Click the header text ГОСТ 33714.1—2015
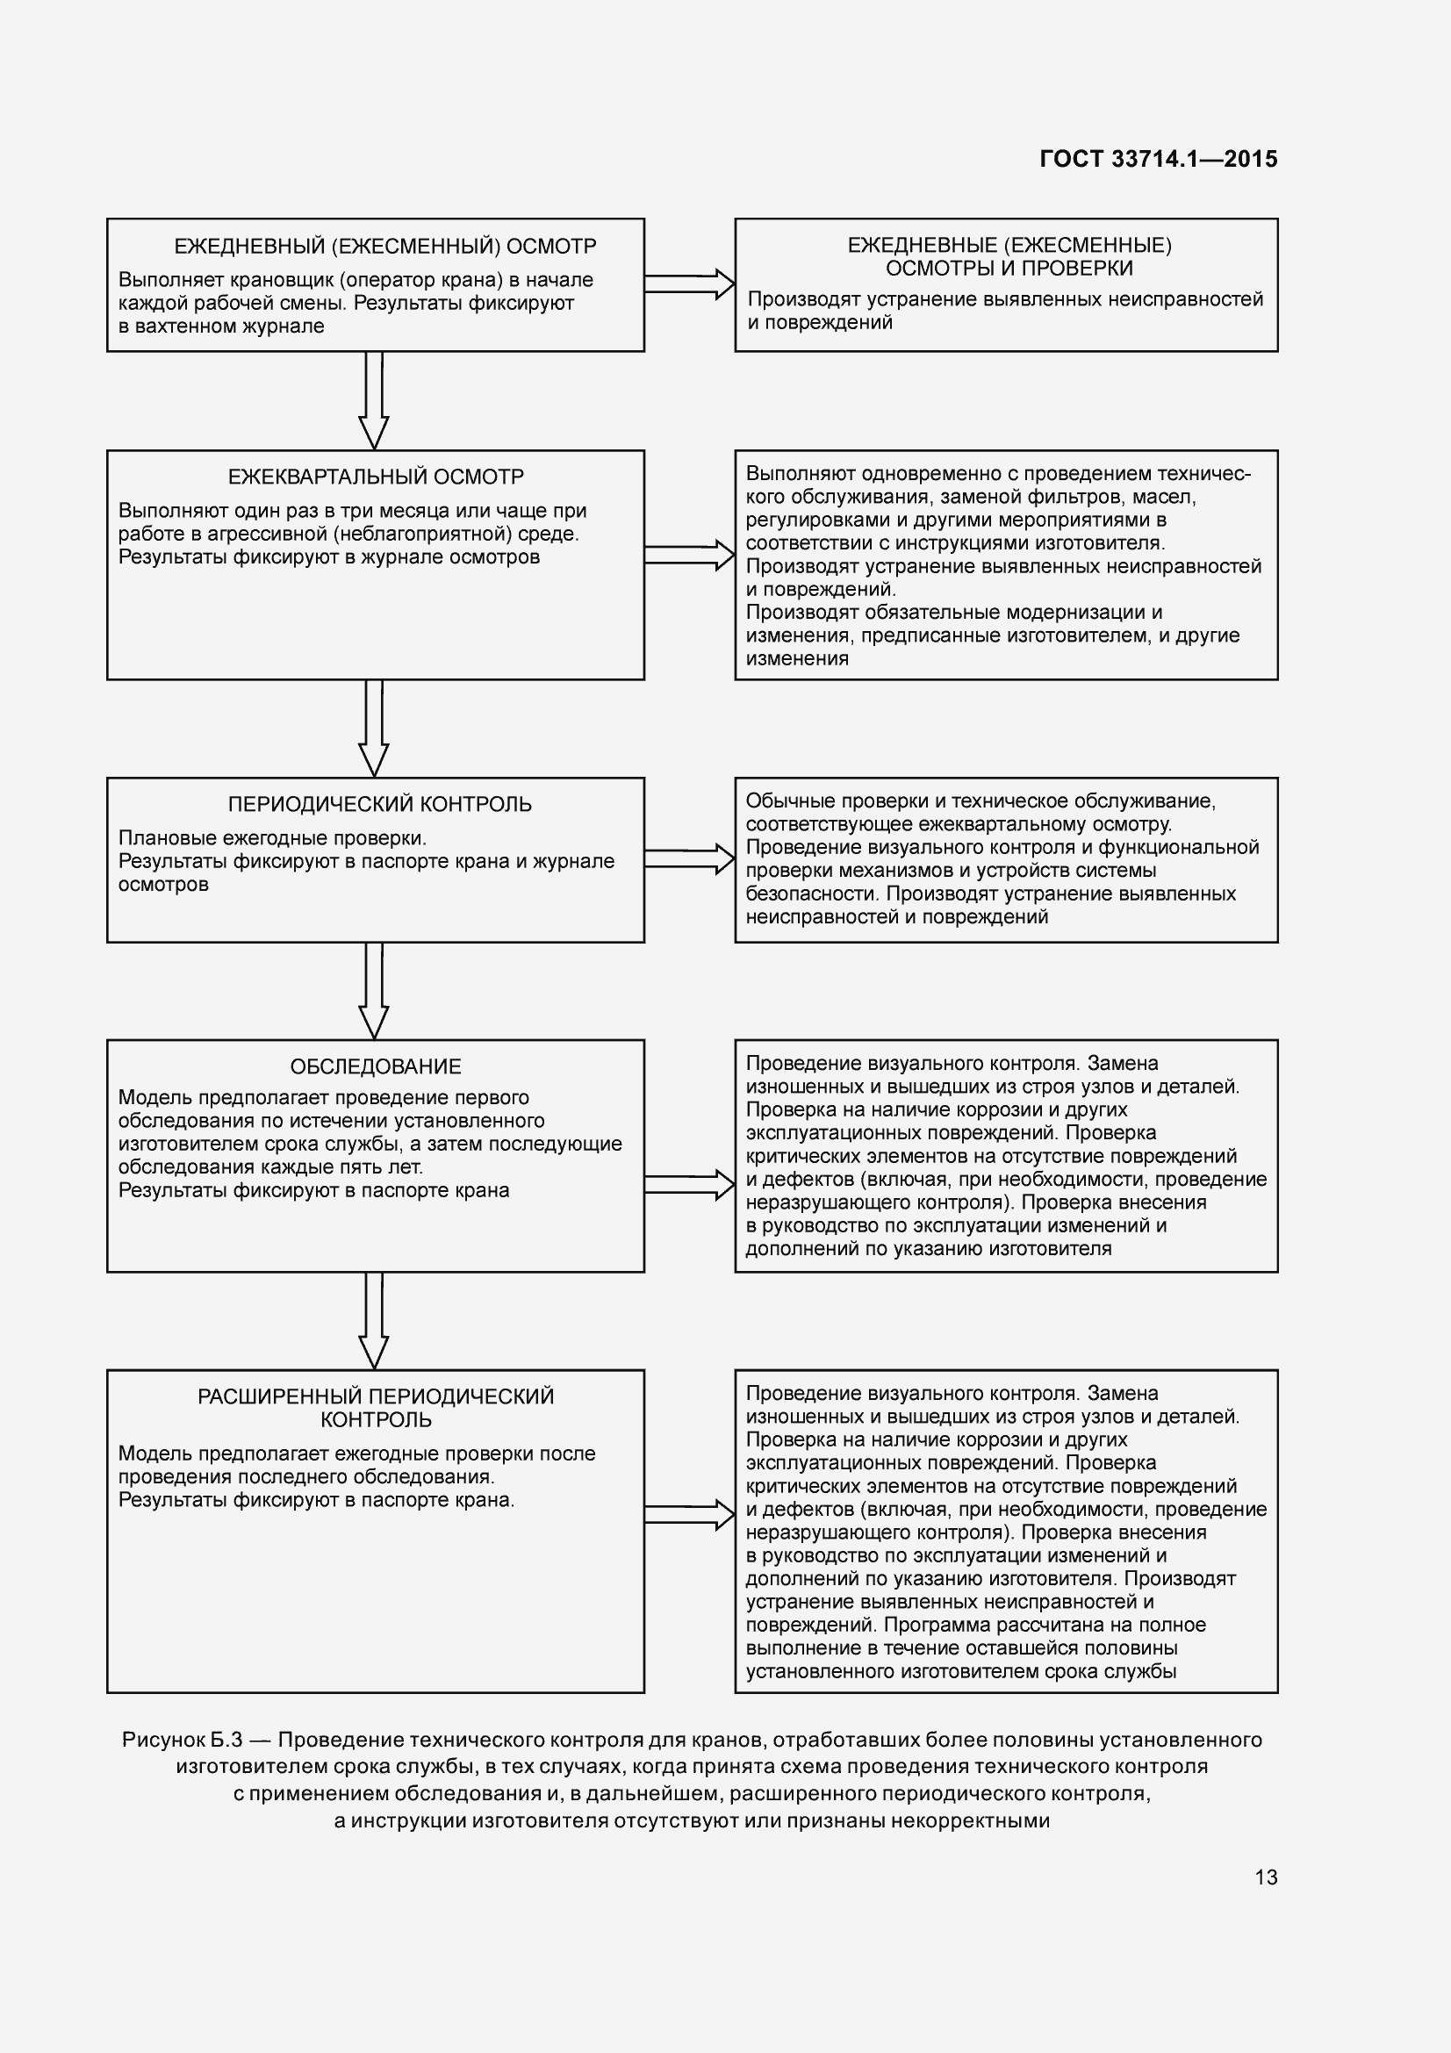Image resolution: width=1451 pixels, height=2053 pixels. pyautogui.click(x=1158, y=159)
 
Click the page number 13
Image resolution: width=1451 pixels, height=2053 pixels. pyautogui.click(x=1266, y=1877)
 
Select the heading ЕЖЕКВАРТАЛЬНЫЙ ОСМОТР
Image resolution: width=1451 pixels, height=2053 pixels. pyautogui.click(x=376, y=477)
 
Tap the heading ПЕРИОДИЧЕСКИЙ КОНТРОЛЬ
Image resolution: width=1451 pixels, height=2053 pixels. pyautogui.click(x=379, y=804)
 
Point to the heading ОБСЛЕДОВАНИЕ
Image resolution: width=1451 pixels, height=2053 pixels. pyautogui.click(x=376, y=1066)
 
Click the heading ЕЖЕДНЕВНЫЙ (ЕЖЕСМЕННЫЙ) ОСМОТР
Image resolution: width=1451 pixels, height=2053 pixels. pyautogui.click(x=384, y=246)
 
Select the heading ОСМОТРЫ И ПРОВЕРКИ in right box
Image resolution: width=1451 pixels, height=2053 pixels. pyautogui.click(x=1009, y=269)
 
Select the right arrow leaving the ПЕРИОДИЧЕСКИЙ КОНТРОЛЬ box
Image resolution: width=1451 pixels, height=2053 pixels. pyautogui.click(x=689, y=858)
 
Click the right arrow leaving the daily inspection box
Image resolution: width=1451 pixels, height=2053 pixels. pyautogui.click(x=689, y=284)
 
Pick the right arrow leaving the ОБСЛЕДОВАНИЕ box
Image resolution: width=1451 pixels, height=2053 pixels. pyautogui.click(x=689, y=1185)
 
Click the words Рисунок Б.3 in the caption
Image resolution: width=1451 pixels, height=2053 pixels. pyautogui.click(x=183, y=1739)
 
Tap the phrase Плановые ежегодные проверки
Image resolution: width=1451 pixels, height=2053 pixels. pyautogui.click(x=272, y=838)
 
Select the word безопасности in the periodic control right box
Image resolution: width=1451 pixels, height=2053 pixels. pyautogui.click(x=813, y=894)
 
